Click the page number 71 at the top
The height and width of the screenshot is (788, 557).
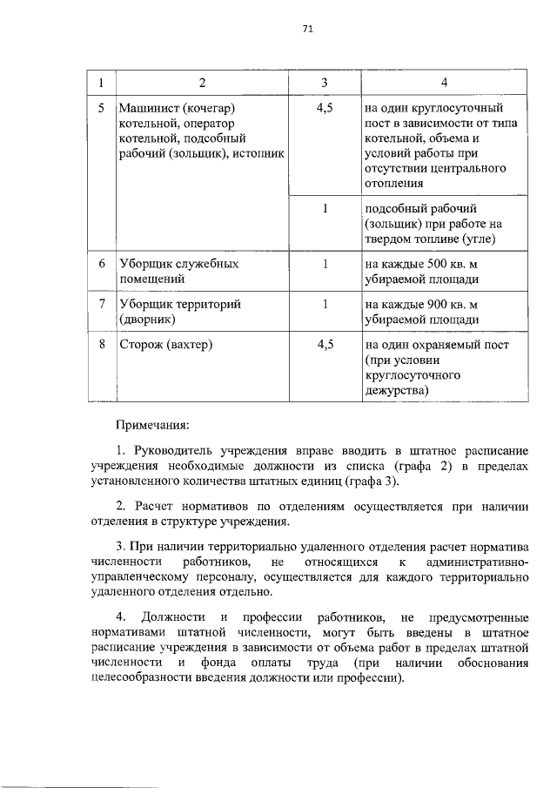pyautogui.click(x=307, y=28)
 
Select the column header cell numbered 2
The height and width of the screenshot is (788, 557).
pyautogui.click(x=202, y=83)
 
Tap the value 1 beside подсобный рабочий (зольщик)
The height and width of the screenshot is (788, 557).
pyautogui.click(x=324, y=210)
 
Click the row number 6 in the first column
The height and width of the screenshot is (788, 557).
pyautogui.click(x=101, y=263)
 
